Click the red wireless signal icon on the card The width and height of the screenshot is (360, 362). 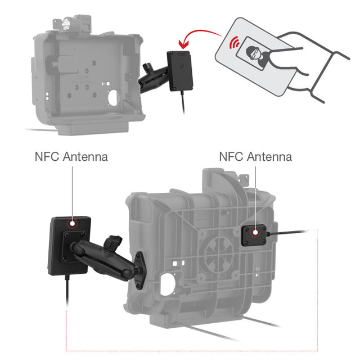tap(235, 42)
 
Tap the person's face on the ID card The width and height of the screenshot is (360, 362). tap(253, 52)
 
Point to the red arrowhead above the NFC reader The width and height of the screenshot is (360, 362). tap(184, 44)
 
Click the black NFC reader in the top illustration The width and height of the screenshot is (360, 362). tap(180, 71)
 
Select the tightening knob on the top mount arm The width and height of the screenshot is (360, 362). tap(147, 67)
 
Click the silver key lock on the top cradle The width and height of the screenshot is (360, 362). tap(66, 22)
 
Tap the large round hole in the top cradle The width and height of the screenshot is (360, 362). tap(113, 98)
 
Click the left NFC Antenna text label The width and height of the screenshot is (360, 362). tap(71, 157)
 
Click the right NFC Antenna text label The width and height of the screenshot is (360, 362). tap(255, 157)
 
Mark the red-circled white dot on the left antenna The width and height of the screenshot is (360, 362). tap(73, 224)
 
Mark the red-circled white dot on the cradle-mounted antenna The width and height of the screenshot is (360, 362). tap(255, 233)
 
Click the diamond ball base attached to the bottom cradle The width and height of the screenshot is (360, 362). tap(140, 270)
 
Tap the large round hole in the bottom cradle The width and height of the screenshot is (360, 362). tap(168, 284)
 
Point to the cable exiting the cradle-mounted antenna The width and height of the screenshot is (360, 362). tap(287, 232)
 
